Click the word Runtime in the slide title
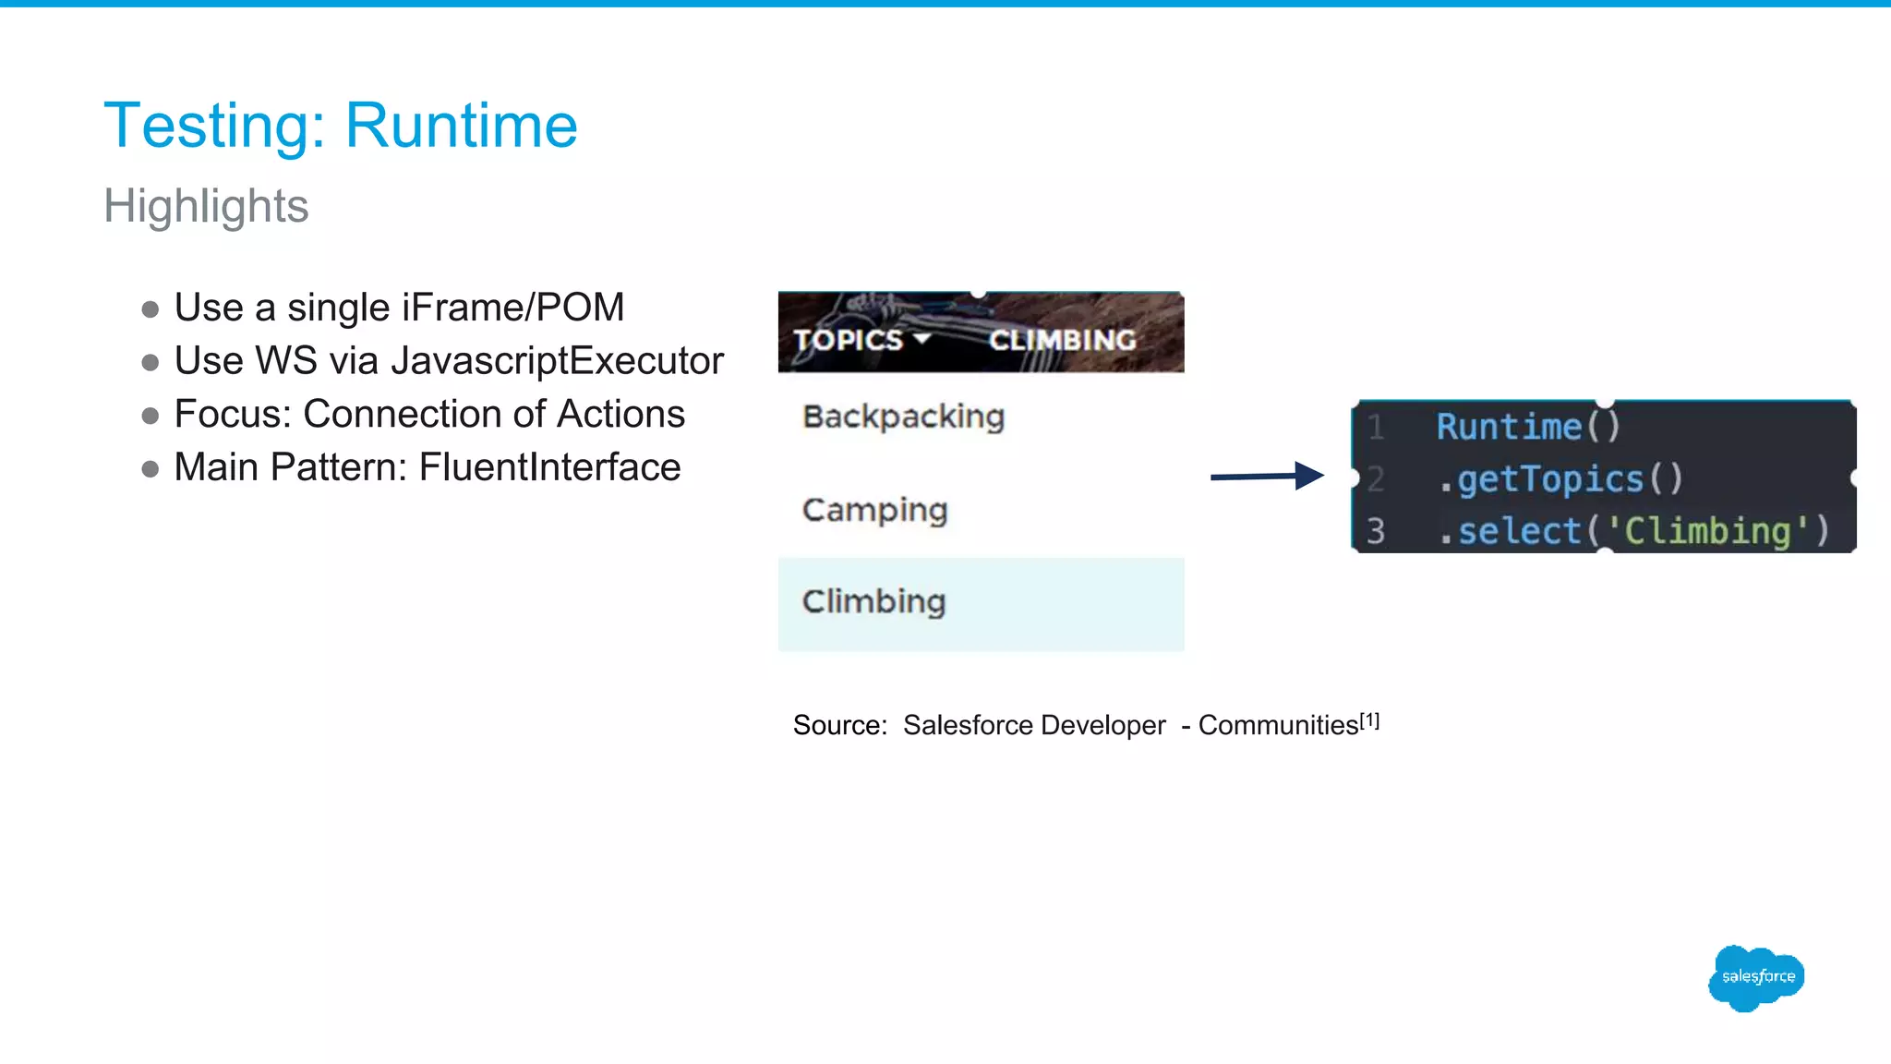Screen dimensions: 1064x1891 coord(461,126)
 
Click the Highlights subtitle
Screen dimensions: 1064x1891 coord(206,205)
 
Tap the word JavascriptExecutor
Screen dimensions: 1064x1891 coord(557,361)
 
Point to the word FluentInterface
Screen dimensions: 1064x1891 coord(549,467)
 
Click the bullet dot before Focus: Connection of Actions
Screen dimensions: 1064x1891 coord(151,416)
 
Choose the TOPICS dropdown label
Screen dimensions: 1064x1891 coord(848,340)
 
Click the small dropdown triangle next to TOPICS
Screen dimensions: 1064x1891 coord(921,339)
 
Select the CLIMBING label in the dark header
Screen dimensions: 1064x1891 coord(1063,340)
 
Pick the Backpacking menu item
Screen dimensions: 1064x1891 coord(903,417)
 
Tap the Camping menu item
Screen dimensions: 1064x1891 coord(874,510)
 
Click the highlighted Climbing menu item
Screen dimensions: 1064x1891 coord(873,602)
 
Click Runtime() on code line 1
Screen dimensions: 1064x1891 coord(1528,427)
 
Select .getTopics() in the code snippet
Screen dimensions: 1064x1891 coord(1561,479)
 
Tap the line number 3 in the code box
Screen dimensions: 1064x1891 coord(1376,531)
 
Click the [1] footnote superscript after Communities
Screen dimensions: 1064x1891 coord(1370,720)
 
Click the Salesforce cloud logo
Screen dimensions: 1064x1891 coord(1756,977)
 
